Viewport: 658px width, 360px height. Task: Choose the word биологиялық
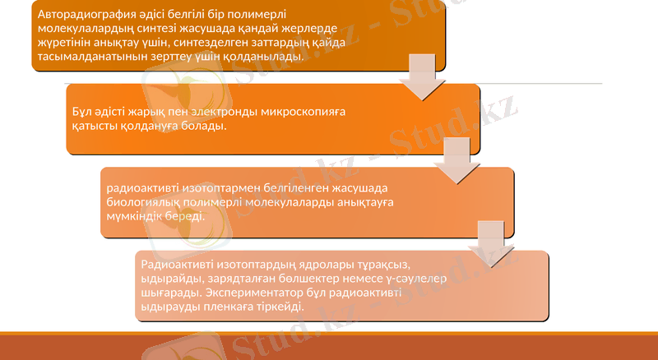pyautogui.click(x=146, y=201)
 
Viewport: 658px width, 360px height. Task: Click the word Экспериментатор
pyautogui.click(x=258, y=292)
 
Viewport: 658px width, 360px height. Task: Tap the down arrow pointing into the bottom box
pyautogui.click(x=489, y=238)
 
